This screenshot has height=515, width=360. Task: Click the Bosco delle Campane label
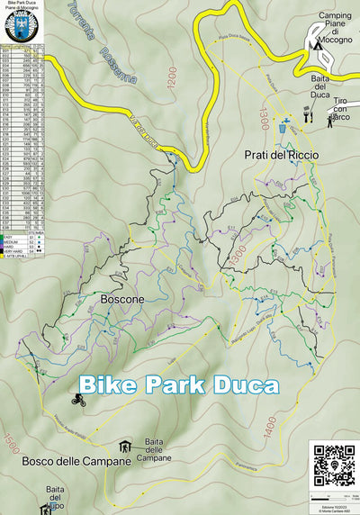71,460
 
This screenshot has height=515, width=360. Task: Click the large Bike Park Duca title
177,383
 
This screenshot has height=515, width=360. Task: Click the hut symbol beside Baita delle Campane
125,447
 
